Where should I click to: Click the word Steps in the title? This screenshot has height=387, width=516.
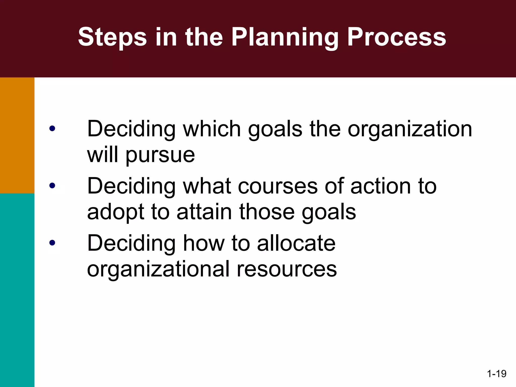[112, 37]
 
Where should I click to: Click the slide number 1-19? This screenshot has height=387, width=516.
[497, 373]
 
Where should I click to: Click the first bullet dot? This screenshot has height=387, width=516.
[52, 129]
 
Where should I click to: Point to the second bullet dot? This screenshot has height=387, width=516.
[52, 186]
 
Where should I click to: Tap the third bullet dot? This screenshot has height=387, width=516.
[52, 243]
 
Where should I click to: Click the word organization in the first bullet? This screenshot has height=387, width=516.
[410, 129]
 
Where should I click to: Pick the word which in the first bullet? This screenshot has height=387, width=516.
[212, 129]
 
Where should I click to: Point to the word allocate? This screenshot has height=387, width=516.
[296, 243]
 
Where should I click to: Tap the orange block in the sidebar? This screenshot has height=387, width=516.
[17, 135]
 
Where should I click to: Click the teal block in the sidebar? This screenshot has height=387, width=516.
[17, 290]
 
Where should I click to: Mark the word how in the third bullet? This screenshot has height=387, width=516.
[204, 243]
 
